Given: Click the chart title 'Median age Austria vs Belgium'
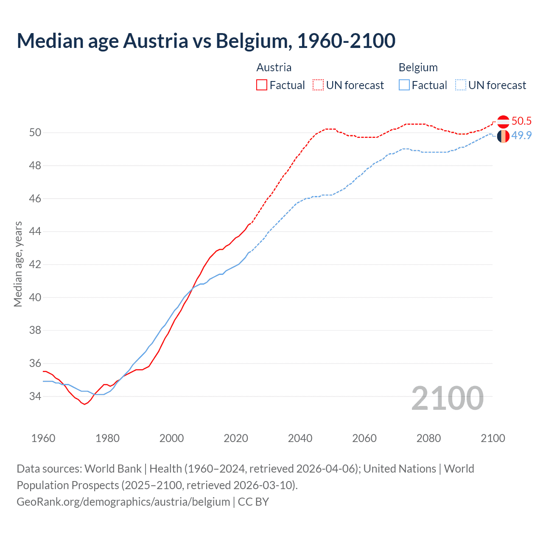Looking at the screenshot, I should click(206, 41).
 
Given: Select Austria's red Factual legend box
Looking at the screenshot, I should click(262, 85).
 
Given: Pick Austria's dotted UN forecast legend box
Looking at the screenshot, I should click(318, 85).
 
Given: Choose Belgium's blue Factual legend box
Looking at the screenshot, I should click(404, 85).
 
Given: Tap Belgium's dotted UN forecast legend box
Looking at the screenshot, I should click(461, 85).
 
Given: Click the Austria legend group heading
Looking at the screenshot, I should click(274, 67).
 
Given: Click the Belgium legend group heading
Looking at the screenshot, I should click(418, 67).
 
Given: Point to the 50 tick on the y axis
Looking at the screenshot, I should click(35, 133).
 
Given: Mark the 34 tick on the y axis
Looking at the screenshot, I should click(35, 397).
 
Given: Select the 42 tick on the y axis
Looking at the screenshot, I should click(35, 265).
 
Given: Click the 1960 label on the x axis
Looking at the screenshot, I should click(43, 438).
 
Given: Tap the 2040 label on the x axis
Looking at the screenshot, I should click(300, 438).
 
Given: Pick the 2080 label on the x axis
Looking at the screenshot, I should click(428, 438).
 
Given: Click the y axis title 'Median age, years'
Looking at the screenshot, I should click(18, 264).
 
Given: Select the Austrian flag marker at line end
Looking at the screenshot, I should click(503, 122).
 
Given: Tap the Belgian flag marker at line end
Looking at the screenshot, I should click(503, 137).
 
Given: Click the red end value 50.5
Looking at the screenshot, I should click(521, 121).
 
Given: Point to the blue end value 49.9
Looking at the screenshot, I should click(521, 136).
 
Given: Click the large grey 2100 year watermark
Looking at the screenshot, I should click(448, 398).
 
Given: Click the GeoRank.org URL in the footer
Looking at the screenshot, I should click(123, 502).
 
